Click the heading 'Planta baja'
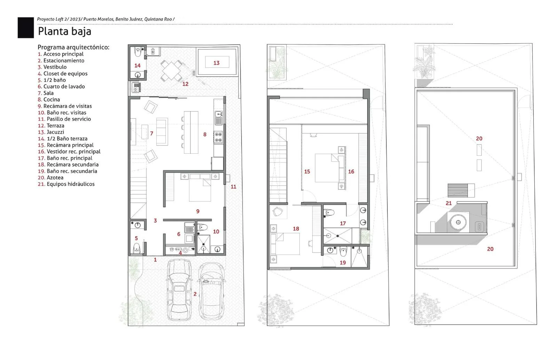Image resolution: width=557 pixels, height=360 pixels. point(64,32)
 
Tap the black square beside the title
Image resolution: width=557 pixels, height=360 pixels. point(26,27)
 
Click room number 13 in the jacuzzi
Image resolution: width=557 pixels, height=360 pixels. point(216,63)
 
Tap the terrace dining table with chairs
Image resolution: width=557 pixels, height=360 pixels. point(172,71)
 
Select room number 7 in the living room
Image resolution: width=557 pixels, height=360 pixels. point(152,134)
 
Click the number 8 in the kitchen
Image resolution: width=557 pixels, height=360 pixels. point(205,134)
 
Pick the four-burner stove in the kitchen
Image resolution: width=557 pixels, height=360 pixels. point(218,137)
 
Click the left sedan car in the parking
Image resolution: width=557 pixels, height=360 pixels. point(179,290)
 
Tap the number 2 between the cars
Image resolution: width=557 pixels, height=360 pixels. point(195,294)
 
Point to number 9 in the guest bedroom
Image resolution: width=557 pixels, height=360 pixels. point(198,211)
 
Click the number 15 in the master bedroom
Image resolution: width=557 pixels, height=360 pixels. point(307,171)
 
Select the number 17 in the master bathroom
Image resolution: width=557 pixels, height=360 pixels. point(343,223)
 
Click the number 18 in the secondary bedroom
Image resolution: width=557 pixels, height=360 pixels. point(296,229)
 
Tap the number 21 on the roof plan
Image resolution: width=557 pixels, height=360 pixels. point(449,203)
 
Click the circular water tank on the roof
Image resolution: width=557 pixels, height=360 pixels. point(458,222)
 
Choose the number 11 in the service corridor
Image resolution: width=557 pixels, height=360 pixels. point(233,186)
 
